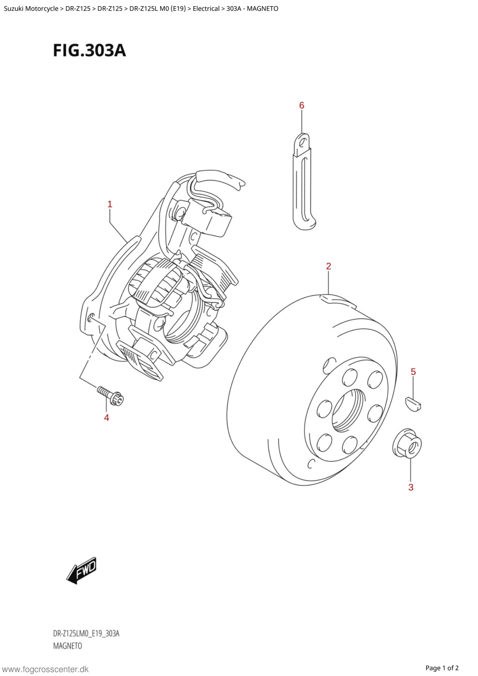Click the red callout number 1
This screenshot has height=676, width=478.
point(110,204)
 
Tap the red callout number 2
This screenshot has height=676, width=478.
point(328,266)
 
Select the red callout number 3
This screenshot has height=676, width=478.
point(411,487)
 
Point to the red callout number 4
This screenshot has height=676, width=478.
point(106,417)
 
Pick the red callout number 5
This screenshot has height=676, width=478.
point(413,372)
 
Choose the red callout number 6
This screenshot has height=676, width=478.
point(302,105)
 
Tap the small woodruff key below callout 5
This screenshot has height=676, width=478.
point(413,404)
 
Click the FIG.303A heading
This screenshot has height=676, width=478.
point(89,50)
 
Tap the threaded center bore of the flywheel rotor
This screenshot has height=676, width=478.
point(347,410)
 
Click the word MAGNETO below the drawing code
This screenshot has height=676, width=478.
point(67,646)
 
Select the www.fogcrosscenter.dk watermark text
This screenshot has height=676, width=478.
point(45,669)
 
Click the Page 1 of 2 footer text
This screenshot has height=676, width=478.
point(442,668)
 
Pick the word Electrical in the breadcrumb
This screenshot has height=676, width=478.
point(206,8)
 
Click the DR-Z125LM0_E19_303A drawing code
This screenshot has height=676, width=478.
point(86,633)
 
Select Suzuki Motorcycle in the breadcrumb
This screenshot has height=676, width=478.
point(31,8)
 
